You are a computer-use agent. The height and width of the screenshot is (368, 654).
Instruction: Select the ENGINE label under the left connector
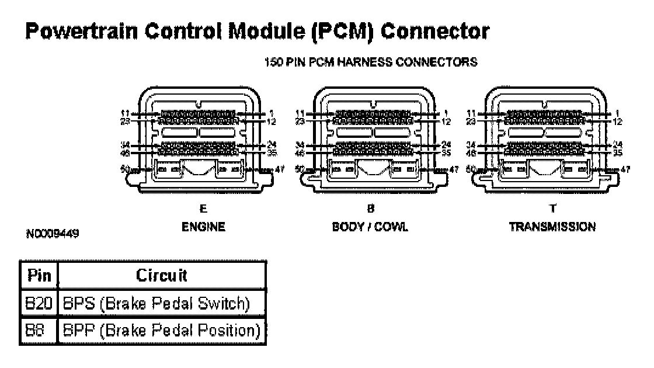pyautogui.click(x=203, y=227)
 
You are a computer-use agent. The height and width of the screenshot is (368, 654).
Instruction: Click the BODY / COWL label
pyautogui.click(x=370, y=227)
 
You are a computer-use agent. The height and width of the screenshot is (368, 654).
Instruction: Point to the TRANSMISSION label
pyautogui.click(x=552, y=227)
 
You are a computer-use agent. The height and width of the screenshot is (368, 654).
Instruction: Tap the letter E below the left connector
pyautogui.click(x=203, y=209)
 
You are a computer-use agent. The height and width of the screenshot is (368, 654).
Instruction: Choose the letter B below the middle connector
pyautogui.click(x=370, y=209)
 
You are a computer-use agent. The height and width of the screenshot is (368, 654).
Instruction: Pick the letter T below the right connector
pyautogui.click(x=552, y=209)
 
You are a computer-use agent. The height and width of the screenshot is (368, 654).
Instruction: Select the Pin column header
pyautogui.click(x=39, y=275)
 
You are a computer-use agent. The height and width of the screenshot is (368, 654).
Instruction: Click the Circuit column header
pyautogui.click(x=162, y=275)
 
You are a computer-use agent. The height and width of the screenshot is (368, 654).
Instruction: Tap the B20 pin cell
pyautogui.click(x=39, y=304)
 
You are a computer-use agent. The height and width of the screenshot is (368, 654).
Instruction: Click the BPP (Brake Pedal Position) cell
pyautogui.click(x=162, y=331)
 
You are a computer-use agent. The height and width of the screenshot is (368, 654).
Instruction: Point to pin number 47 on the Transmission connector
pyautogui.click(x=627, y=169)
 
